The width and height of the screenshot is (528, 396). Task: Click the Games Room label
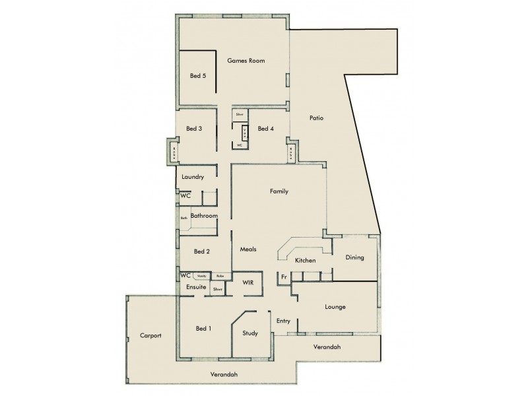click(x=246, y=61)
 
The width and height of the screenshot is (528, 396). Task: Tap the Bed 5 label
click(x=198, y=76)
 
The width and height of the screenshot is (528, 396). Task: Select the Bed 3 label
click(x=194, y=129)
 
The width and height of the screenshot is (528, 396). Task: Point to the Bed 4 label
click(x=265, y=129)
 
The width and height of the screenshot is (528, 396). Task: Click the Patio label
click(x=316, y=118)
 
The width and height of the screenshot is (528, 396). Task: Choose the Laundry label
click(x=193, y=177)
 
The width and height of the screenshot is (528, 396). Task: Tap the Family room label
click(x=279, y=191)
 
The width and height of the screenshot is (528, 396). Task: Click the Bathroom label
click(x=204, y=216)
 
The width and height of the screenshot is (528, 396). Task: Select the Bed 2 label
click(x=202, y=251)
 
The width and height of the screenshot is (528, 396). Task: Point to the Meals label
click(x=248, y=249)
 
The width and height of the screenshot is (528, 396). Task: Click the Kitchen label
click(x=306, y=261)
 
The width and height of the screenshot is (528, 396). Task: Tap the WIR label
click(x=248, y=282)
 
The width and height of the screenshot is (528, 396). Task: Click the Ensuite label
click(x=197, y=287)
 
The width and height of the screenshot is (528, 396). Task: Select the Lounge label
click(x=335, y=307)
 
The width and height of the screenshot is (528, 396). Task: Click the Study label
click(x=250, y=333)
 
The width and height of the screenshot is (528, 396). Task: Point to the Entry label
click(x=283, y=321)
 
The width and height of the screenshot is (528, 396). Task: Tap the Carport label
click(x=150, y=335)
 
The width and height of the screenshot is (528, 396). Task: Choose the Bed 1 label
click(x=203, y=328)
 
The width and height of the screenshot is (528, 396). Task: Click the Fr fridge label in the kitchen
click(x=283, y=277)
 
